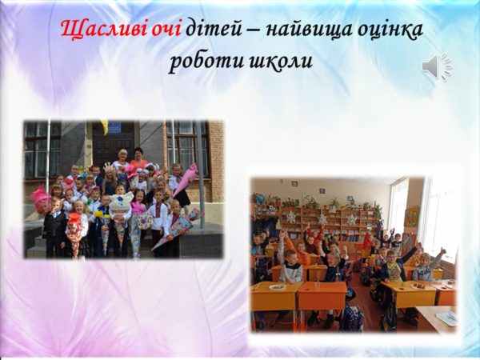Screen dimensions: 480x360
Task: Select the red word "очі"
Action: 167,29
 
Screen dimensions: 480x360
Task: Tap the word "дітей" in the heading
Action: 214,30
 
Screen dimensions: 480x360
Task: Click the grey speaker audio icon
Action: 437,66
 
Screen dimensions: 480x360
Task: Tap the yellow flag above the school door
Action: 104,126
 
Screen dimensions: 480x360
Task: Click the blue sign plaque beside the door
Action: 114,128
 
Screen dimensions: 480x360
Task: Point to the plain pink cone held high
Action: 186,178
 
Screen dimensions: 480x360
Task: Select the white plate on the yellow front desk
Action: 278,287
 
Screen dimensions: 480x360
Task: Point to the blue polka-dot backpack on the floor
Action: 352,318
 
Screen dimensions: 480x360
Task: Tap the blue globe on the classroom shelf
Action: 261,199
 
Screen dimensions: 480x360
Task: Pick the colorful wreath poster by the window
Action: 411,216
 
